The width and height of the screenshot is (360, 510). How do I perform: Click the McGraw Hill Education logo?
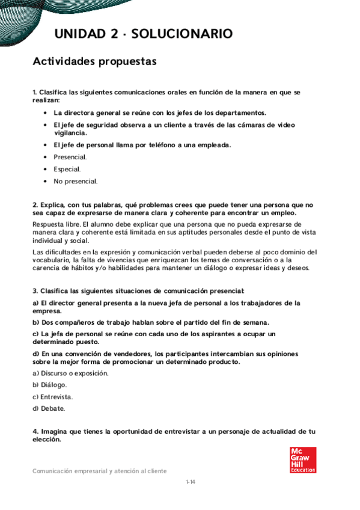302,459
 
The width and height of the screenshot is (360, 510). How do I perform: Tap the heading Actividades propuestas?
94,61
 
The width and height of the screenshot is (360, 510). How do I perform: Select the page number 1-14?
191,482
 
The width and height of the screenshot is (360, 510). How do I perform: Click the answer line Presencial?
70,157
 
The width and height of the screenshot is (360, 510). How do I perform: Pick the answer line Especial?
67,169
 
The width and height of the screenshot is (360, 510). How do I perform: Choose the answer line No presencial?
76,181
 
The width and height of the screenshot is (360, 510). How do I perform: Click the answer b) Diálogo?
50,385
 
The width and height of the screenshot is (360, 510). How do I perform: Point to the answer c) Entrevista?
53,397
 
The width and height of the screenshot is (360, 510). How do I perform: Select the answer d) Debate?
49,409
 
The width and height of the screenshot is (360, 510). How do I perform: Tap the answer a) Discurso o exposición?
70,373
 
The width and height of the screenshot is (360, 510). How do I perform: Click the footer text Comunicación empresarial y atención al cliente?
100,472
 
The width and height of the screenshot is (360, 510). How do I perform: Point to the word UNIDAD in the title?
79,34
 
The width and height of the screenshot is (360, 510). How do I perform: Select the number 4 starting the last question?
35,432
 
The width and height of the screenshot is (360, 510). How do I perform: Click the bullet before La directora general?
46,113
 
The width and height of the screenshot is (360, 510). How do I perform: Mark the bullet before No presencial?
46,181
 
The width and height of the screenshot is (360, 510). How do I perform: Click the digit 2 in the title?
114,34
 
